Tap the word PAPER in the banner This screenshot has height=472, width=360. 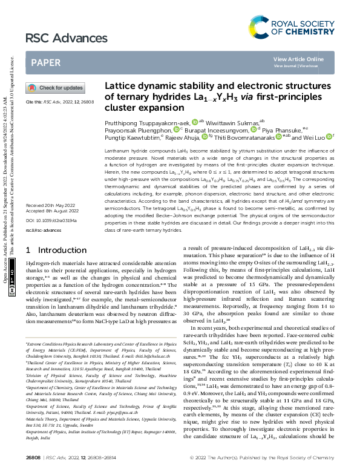click(45, 62)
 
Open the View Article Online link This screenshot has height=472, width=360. click(298, 59)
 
